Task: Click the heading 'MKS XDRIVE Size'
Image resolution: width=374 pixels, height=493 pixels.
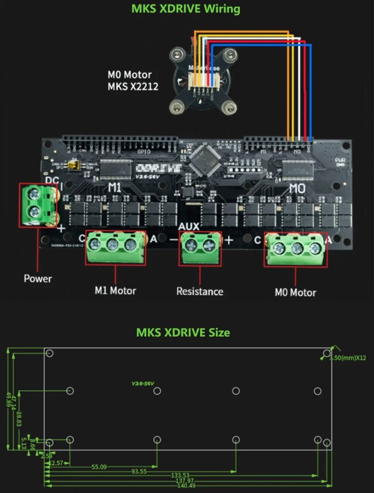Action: tap(183, 333)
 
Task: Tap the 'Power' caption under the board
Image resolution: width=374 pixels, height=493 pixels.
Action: tap(38, 279)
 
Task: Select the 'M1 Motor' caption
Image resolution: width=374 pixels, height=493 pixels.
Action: tap(115, 291)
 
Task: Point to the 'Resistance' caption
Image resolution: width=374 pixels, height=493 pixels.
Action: tap(200, 292)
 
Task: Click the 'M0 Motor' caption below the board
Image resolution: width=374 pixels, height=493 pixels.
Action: tap(295, 293)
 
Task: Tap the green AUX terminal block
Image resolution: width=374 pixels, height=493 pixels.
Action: tap(200, 246)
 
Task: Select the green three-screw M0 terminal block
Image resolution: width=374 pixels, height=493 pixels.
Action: tap(295, 248)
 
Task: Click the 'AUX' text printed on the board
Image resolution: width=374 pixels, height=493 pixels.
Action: tap(189, 226)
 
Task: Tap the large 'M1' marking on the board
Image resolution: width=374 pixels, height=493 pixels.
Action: tap(115, 188)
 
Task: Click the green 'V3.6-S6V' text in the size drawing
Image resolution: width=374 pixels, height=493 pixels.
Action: tap(143, 384)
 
